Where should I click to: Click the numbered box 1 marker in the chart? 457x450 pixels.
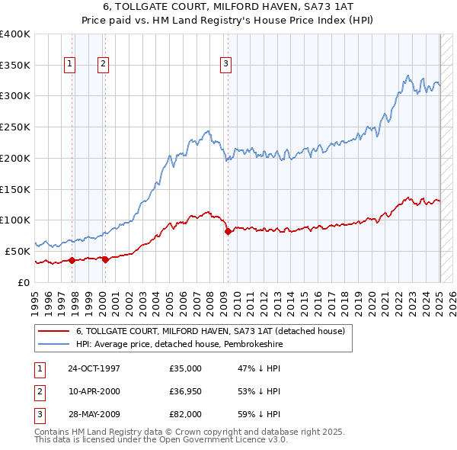(x=69, y=65)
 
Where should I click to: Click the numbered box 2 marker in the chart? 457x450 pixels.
(x=102, y=65)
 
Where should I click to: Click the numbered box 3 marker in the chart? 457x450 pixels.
(x=226, y=65)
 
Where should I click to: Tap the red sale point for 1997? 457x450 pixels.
(x=72, y=260)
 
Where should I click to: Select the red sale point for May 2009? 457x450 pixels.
(x=228, y=231)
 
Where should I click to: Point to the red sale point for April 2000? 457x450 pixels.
(x=105, y=259)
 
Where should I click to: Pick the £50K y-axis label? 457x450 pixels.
(x=18, y=250)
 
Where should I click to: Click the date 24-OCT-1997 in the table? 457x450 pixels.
(x=94, y=368)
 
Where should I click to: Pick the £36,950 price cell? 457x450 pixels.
(x=186, y=391)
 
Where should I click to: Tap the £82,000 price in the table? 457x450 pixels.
(x=186, y=414)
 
